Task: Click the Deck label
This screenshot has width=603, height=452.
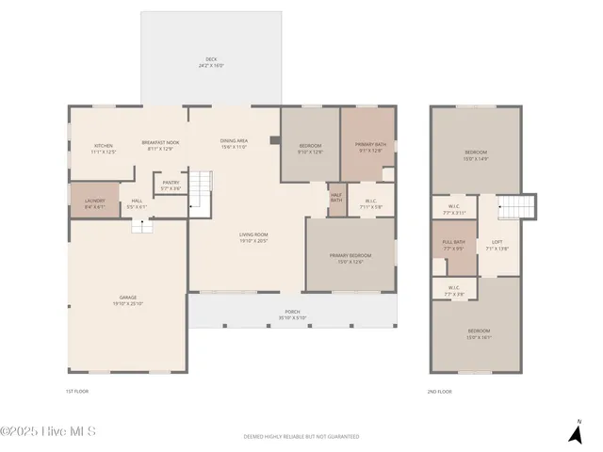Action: tap(211, 63)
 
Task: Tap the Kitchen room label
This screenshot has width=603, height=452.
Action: tap(104, 148)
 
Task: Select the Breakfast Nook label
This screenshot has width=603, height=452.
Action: tap(160, 145)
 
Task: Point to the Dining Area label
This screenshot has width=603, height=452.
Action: tap(234, 144)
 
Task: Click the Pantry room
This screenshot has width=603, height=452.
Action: tap(171, 186)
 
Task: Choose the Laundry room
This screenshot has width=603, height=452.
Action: tap(94, 202)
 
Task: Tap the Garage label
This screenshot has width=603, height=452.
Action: tap(127, 300)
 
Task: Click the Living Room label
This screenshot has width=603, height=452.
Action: tap(253, 237)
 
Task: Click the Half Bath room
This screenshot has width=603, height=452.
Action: tap(336, 196)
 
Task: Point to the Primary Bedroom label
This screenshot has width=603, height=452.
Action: tap(350, 258)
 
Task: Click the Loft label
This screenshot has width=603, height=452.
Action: tap(497, 245)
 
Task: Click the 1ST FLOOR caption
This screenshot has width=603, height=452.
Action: tap(76, 391)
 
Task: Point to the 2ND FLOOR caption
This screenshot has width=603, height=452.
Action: tap(439, 391)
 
